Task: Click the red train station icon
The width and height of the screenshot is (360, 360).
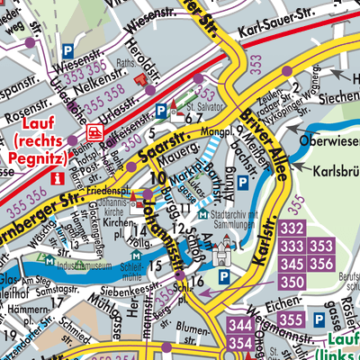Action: coord(93,132)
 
